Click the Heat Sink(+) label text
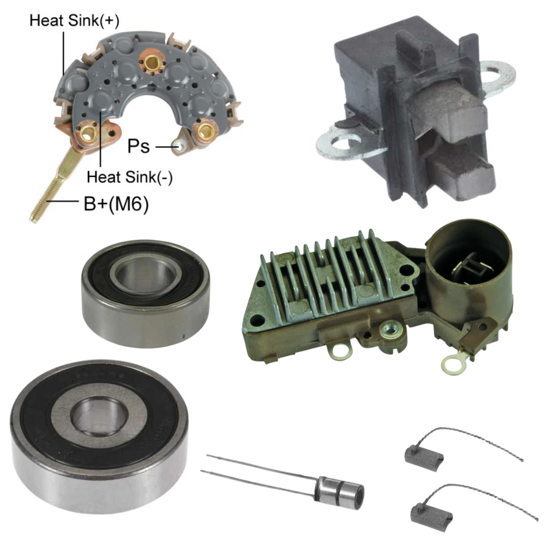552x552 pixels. point(74,20)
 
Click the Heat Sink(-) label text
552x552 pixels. point(129,177)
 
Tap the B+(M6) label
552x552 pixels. point(116,203)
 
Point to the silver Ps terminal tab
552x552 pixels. point(180,145)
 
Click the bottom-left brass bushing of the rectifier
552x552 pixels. point(87,133)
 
